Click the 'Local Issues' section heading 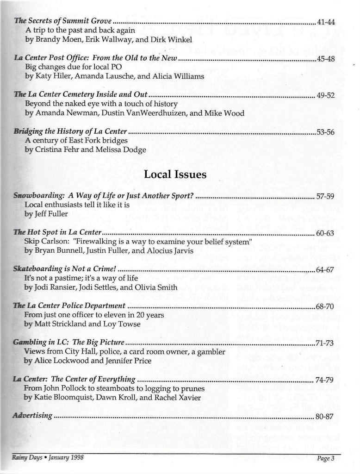click(175, 175)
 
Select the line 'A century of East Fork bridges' click(76, 141)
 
